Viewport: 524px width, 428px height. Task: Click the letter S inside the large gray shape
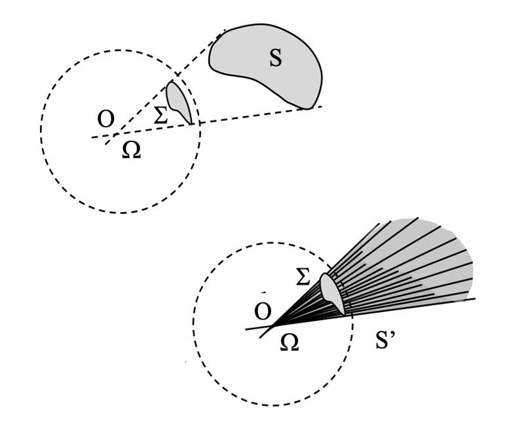[276, 58]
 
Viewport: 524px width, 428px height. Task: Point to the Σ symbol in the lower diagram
[303, 277]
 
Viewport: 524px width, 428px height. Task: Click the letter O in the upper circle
[105, 119]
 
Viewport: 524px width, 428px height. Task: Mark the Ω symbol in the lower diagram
[288, 342]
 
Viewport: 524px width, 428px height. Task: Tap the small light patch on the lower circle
[333, 293]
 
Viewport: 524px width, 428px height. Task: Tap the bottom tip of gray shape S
[306, 107]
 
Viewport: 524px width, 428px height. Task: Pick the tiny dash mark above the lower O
[262, 292]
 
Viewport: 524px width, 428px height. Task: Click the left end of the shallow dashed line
[92, 137]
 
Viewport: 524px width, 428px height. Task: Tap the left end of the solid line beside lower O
[246, 329]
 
